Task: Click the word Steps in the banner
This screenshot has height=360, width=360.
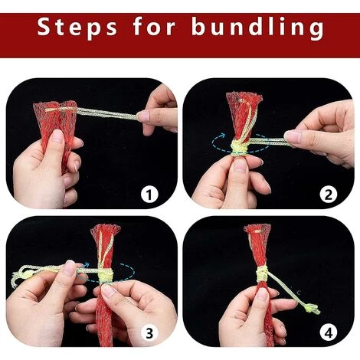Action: (x=77, y=28)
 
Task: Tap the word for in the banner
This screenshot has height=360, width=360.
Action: (x=154, y=26)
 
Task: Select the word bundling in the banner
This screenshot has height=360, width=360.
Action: (x=258, y=28)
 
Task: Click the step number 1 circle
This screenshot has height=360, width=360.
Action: (x=149, y=195)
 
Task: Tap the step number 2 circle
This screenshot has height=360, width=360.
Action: (x=329, y=195)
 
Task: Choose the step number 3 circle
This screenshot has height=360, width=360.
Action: (x=149, y=333)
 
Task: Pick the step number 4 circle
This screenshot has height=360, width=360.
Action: (x=329, y=333)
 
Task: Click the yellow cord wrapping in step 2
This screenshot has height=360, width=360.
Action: (x=239, y=148)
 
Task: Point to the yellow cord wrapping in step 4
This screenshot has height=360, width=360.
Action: (x=263, y=273)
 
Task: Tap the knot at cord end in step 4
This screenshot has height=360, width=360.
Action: (x=311, y=309)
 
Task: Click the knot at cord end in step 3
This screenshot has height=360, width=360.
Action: (x=28, y=275)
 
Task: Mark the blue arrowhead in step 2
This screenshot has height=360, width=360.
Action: (x=222, y=136)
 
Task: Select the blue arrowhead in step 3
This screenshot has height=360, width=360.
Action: (x=87, y=265)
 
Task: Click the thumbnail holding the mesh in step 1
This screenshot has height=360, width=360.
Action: (x=57, y=136)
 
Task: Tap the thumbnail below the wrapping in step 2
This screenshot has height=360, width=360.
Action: (x=240, y=164)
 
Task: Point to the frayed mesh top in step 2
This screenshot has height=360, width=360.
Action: (x=244, y=97)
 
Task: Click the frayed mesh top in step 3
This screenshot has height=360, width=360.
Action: (x=106, y=229)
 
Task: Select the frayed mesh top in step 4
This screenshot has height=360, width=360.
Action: (x=258, y=228)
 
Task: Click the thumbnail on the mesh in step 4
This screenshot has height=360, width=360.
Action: (x=262, y=293)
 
